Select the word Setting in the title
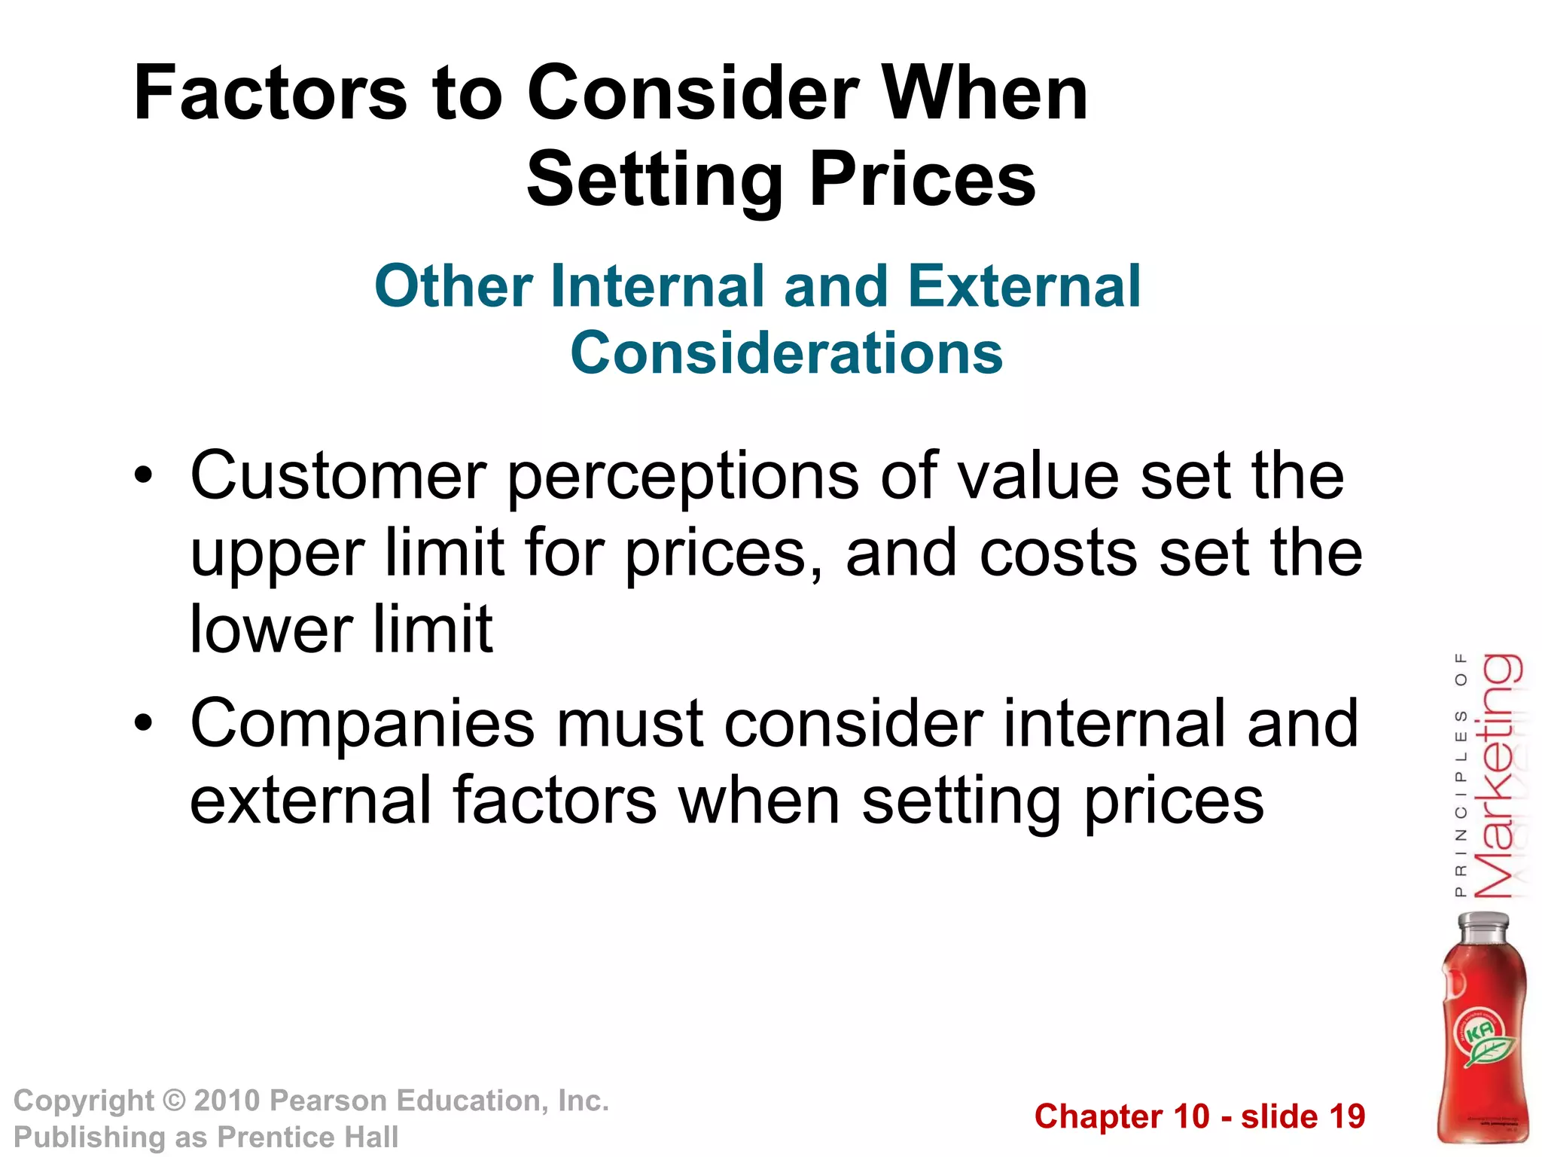[655, 180]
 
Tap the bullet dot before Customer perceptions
[143, 476]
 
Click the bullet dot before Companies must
[143, 723]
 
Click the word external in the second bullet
[310, 800]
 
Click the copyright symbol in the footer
[174, 1101]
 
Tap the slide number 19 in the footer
[1346, 1116]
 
